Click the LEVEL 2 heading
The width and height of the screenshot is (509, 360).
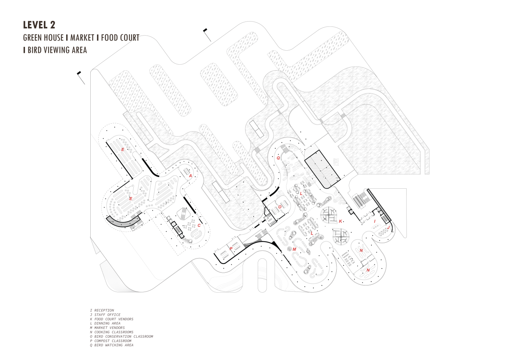point(39,25)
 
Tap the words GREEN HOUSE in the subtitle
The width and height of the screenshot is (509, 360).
point(43,37)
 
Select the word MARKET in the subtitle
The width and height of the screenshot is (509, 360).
point(82,37)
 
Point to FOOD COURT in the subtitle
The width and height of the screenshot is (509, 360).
point(120,37)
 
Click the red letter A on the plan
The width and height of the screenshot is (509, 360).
point(190,175)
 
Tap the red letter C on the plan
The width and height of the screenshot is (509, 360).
point(199,225)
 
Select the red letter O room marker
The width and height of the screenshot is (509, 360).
point(280,207)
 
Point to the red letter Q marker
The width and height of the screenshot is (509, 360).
point(278,158)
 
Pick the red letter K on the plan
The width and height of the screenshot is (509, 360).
point(340,221)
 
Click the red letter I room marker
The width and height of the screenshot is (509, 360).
point(375,221)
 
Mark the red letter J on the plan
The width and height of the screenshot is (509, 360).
point(388,227)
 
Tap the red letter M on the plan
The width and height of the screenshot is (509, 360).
point(294,249)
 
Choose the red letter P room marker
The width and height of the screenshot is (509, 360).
point(231,248)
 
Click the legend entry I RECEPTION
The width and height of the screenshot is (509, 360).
point(102,310)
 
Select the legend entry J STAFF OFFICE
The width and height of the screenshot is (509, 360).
point(105,315)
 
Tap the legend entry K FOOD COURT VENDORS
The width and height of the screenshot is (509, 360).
point(111,319)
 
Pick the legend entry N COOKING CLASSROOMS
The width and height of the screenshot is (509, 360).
point(111,332)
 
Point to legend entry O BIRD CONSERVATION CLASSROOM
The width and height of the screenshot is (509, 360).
point(122,336)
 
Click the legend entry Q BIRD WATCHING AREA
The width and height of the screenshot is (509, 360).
point(111,345)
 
